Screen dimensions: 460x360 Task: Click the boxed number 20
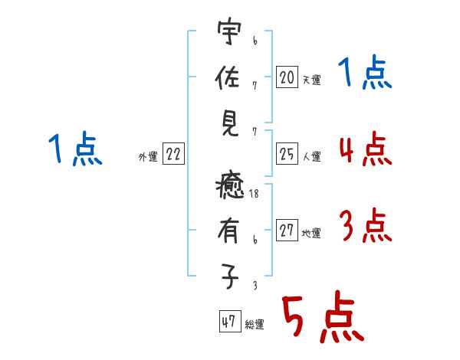(287, 77)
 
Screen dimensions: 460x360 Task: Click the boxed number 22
(173, 155)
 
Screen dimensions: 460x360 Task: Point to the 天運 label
(311, 80)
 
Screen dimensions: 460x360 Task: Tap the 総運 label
(254, 324)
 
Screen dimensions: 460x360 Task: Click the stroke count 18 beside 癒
(254, 195)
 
